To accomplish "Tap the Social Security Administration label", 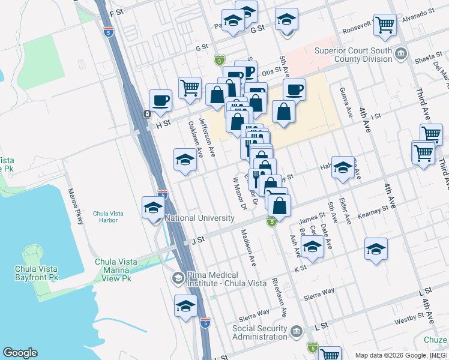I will pyautogui.click(x=265, y=337).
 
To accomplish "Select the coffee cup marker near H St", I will pyautogui.click(x=160, y=100).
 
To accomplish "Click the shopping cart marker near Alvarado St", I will pyautogui.click(x=385, y=25).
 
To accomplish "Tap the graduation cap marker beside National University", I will pyautogui.click(x=154, y=208).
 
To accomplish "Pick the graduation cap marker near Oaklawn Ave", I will pyautogui.click(x=185, y=159).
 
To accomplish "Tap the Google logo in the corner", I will pyautogui.click(x=20, y=353).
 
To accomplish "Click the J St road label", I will pyautogui.click(x=198, y=240).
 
